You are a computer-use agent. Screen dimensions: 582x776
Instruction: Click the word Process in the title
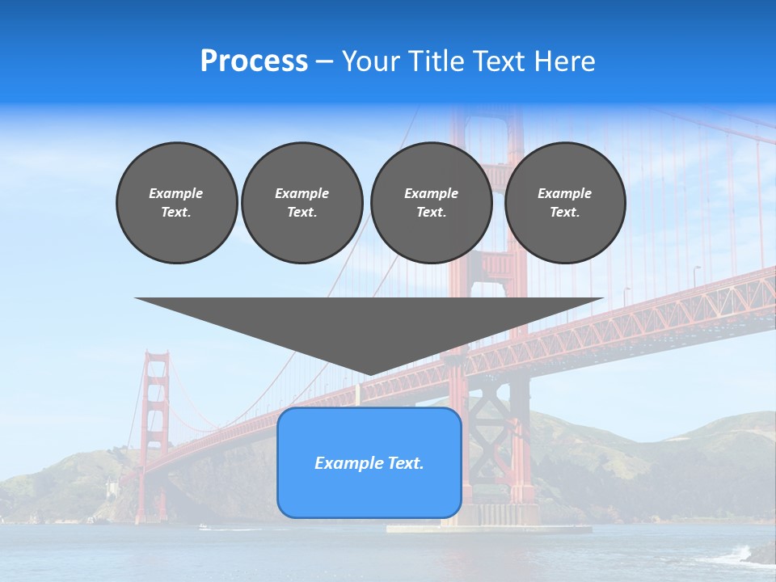[x=254, y=61]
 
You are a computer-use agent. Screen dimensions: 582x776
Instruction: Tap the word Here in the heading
[x=564, y=61]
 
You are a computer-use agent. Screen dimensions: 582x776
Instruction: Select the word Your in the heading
[x=372, y=61]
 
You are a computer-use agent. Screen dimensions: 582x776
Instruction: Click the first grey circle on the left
[x=176, y=203]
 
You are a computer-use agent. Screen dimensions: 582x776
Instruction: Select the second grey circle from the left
[x=302, y=203]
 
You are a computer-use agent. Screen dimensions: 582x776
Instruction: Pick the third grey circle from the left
[x=431, y=203]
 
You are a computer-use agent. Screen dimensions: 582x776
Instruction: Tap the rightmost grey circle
[x=565, y=203]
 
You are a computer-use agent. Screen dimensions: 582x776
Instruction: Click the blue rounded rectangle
[x=369, y=485]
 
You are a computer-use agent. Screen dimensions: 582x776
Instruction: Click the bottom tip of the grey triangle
[x=369, y=373]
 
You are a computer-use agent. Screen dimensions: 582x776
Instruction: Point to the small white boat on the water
[x=204, y=527]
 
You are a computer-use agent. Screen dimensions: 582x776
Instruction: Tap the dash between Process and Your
[x=324, y=61]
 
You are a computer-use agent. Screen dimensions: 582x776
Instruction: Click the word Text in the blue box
[x=406, y=463]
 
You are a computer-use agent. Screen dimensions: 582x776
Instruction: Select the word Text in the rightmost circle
[x=565, y=213]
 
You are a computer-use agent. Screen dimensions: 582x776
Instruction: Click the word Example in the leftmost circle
[x=176, y=193]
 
